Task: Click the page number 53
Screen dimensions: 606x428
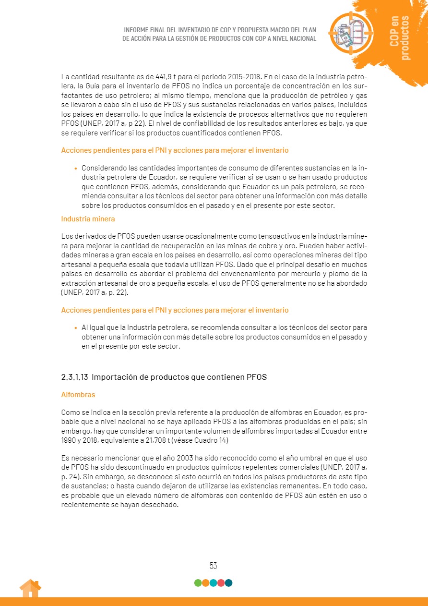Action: click(214, 566)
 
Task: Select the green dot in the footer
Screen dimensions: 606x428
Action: click(198, 583)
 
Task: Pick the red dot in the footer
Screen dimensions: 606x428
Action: click(221, 583)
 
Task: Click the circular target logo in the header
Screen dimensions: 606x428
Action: click(351, 33)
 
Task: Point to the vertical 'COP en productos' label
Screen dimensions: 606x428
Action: click(400, 38)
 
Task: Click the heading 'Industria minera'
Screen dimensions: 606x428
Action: click(88, 218)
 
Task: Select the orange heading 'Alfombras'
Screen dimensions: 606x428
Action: click(78, 395)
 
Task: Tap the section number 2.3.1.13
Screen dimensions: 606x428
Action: click(74, 377)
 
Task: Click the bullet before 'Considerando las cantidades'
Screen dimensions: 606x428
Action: click(76, 168)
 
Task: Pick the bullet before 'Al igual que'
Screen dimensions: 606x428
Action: click(76, 327)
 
